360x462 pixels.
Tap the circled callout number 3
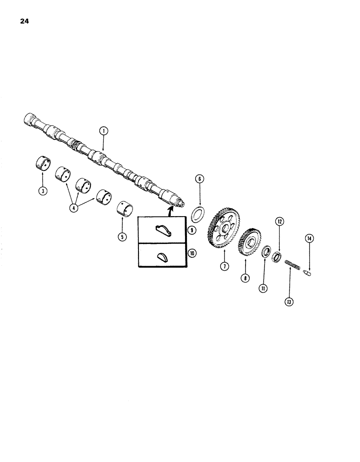point(42,191)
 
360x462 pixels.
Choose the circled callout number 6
point(199,179)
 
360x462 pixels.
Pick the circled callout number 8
point(245,278)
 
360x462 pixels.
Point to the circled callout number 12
point(279,221)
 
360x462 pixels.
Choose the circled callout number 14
point(309,239)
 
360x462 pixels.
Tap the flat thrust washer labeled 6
point(199,215)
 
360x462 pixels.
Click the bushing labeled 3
point(43,164)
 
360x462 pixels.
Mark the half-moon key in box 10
point(162,256)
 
